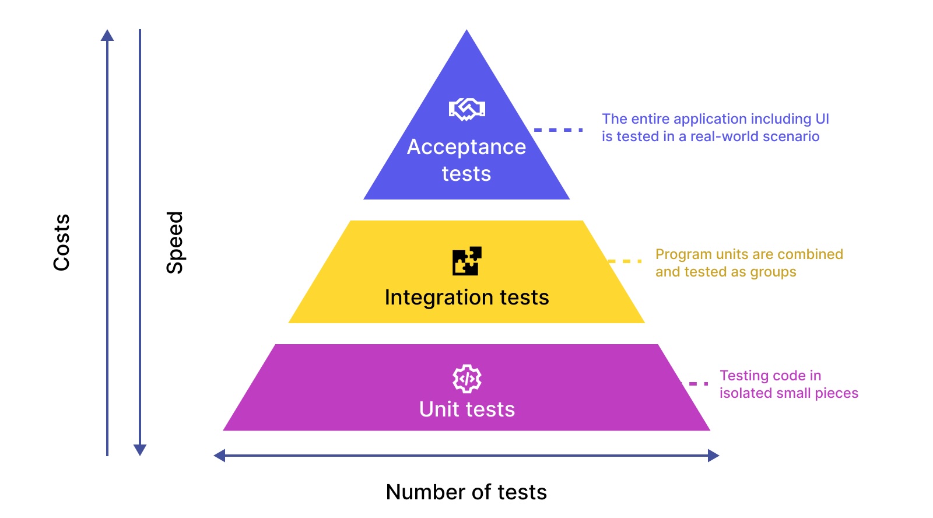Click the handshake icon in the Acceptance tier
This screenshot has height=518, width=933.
pyautogui.click(x=466, y=109)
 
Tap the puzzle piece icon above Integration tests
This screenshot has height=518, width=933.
pyautogui.click(x=467, y=261)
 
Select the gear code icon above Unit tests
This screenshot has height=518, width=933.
pyautogui.click(x=467, y=379)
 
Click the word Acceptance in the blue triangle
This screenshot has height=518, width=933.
pyautogui.click(x=466, y=147)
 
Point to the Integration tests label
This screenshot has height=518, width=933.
pyautogui.click(x=466, y=297)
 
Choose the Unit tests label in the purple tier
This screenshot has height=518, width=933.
pyautogui.click(x=467, y=409)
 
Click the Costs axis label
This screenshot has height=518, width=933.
pyautogui.click(x=62, y=242)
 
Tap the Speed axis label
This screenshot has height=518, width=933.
pyautogui.click(x=175, y=242)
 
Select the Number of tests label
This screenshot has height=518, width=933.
pyautogui.click(x=466, y=492)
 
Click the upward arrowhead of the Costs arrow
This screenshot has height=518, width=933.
pyautogui.click(x=107, y=35)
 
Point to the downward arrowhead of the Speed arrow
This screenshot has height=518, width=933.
pyautogui.click(x=140, y=450)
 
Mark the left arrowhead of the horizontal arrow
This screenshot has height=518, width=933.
pyautogui.click(x=219, y=456)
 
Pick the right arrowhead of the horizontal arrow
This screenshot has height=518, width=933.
pyautogui.click(x=714, y=456)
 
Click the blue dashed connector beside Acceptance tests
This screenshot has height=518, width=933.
pyautogui.click(x=558, y=129)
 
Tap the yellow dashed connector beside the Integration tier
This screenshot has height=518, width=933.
pyautogui.click(x=625, y=261)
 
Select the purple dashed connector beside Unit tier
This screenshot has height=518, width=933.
pyautogui.click(x=695, y=383)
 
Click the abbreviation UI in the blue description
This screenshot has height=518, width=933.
pyautogui.click(x=822, y=119)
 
